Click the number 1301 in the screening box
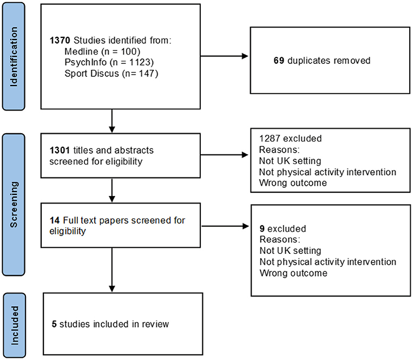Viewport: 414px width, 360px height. [60, 149]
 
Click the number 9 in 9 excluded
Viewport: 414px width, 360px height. [262, 228]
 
